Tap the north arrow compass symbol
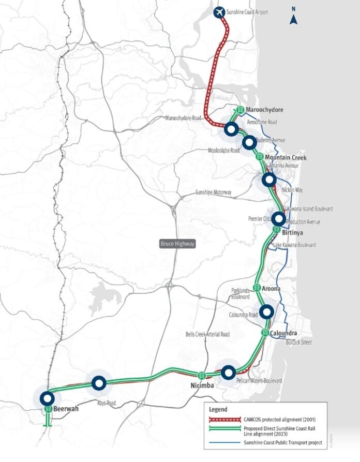pos(293,19)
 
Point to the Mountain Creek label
pos(286,157)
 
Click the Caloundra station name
pos(283,333)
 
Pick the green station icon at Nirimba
pos(202,375)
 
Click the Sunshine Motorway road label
pos(213,192)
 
